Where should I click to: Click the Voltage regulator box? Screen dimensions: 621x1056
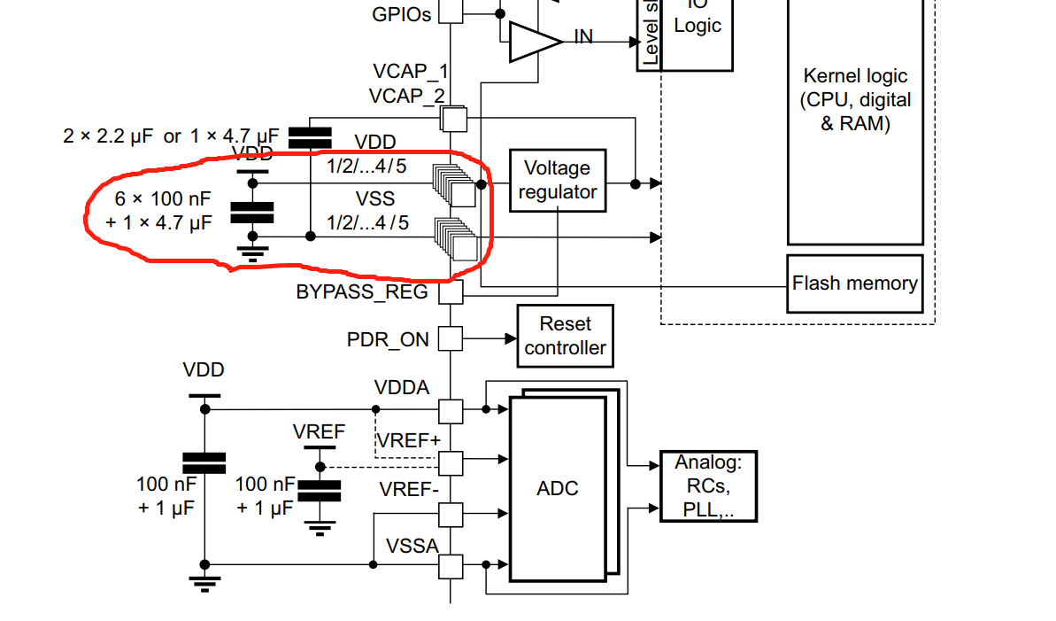click(x=558, y=181)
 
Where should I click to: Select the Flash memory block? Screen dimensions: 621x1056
click(x=854, y=283)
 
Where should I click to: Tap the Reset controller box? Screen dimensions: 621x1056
click(x=564, y=336)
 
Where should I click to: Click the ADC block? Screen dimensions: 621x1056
click(x=558, y=488)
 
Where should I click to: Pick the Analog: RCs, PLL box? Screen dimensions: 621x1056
click(x=708, y=485)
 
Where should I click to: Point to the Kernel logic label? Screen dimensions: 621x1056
click(x=855, y=99)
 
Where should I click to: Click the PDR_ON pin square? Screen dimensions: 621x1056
click(x=451, y=338)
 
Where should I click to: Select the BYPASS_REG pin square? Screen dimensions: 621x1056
click(x=451, y=291)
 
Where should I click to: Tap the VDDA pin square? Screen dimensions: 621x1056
click(x=451, y=410)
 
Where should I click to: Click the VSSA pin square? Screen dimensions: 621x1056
click(x=451, y=565)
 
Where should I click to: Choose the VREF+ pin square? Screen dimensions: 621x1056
click(x=451, y=462)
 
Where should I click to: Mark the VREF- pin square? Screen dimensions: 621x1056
click(x=451, y=514)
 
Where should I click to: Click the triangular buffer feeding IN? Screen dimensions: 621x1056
click(x=535, y=41)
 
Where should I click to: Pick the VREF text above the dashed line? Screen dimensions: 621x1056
click(x=318, y=431)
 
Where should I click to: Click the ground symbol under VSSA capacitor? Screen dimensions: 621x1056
click(x=204, y=583)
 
